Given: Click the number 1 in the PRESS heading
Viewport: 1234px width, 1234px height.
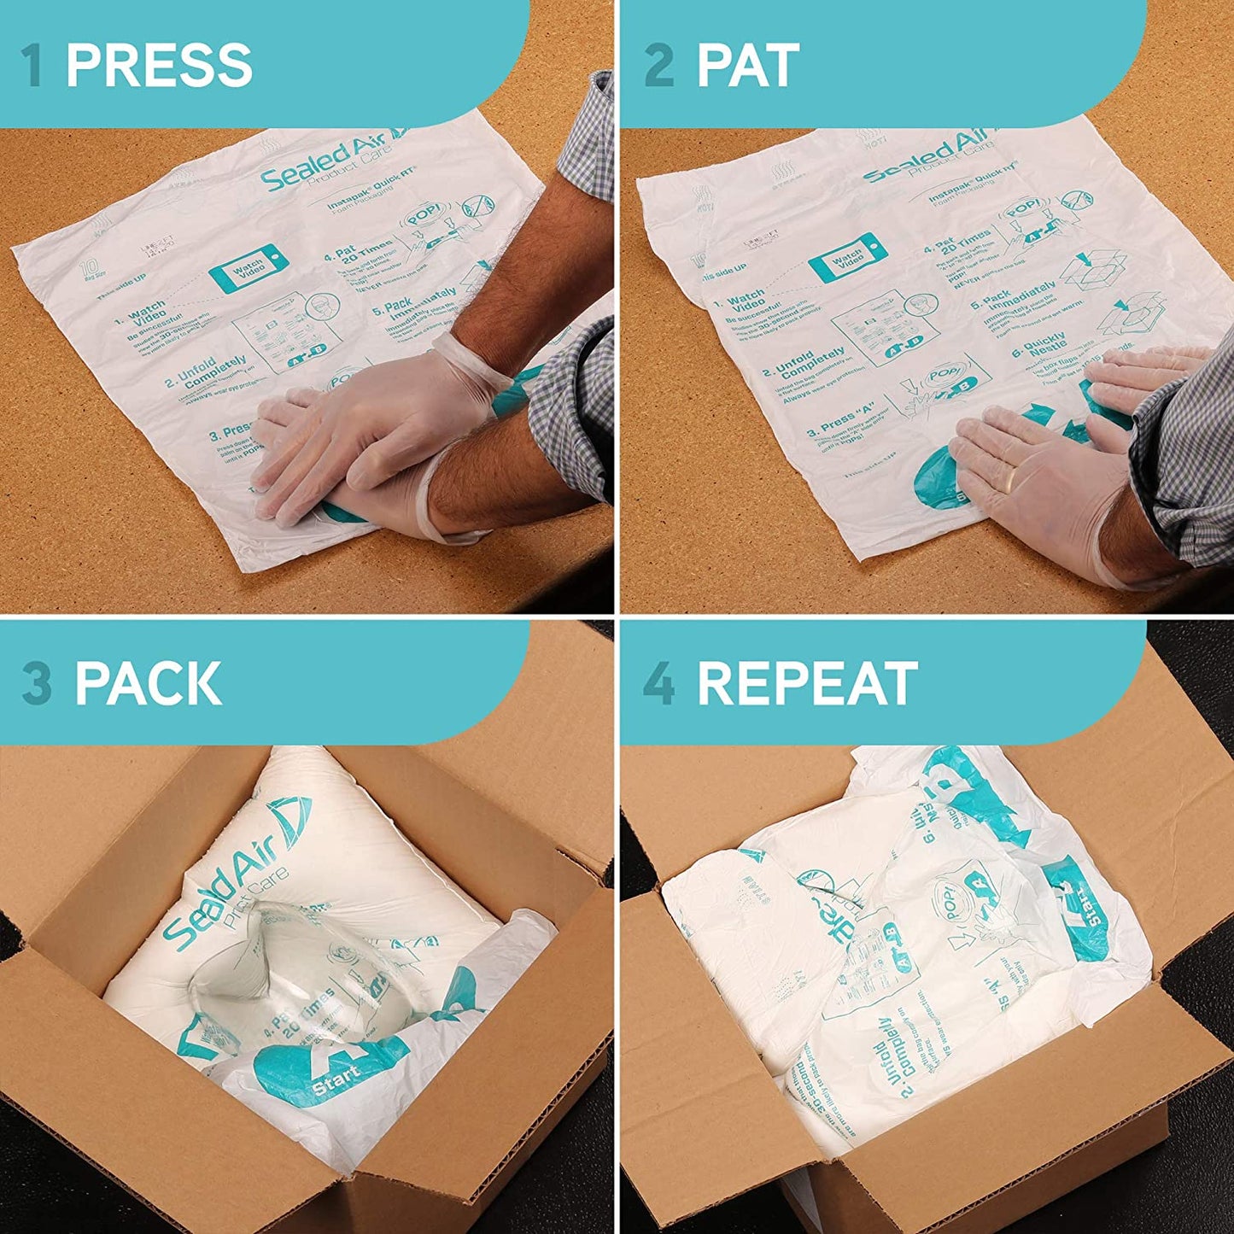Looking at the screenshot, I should click(x=32, y=65).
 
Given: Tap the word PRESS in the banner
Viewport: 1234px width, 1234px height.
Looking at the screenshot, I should click(x=159, y=65).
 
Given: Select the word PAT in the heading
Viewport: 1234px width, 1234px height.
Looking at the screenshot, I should click(x=748, y=65).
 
